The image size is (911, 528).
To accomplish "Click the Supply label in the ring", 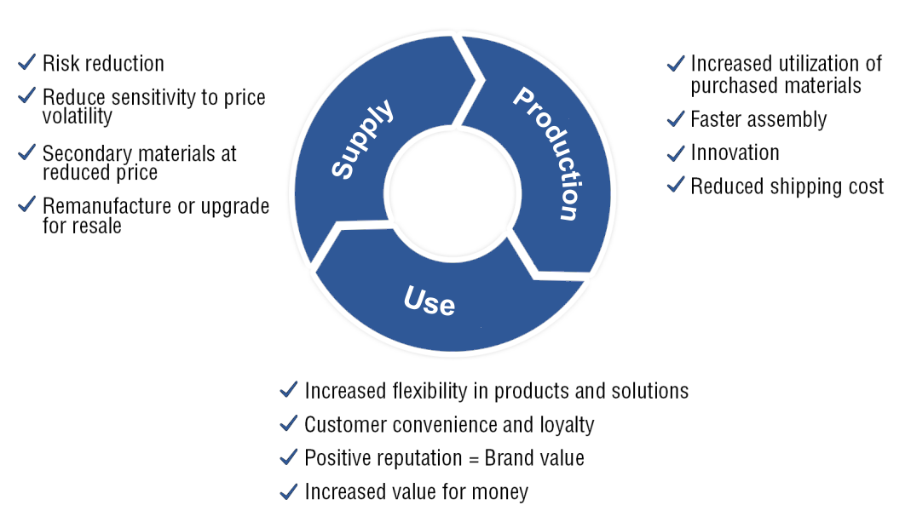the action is (x=362, y=139).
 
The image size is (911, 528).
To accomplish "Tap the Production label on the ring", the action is (x=548, y=152).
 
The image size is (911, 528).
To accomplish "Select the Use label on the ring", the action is (x=430, y=301).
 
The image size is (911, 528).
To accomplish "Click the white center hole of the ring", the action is (x=453, y=193).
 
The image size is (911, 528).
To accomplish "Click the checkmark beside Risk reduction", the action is (x=26, y=61).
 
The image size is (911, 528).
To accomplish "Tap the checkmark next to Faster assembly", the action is (x=676, y=118).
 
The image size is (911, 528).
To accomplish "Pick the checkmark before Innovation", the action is (x=676, y=152).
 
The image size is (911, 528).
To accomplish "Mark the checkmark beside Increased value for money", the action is (x=289, y=491).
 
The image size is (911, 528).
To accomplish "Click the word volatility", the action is (x=78, y=116).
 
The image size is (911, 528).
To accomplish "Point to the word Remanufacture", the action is (x=101, y=206).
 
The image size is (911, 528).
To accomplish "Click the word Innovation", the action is (x=735, y=152).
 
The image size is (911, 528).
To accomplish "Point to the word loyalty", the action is (x=567, y=425).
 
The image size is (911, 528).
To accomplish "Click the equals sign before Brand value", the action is (x=474, y=459).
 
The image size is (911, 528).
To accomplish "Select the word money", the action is (x=499, y=492).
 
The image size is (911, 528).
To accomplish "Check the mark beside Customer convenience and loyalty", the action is (x=289, y=423).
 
